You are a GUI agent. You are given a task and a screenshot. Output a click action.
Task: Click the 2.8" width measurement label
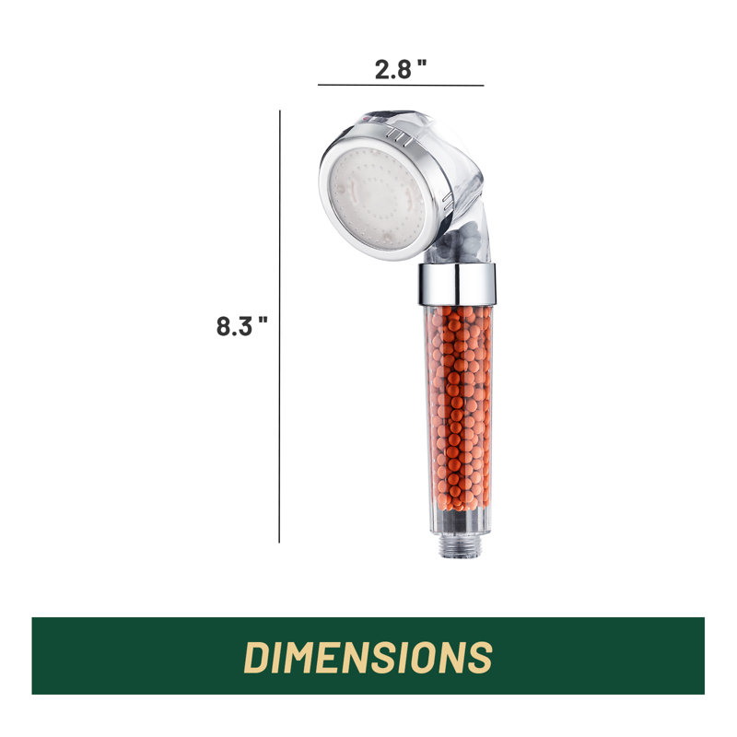pos(401,69)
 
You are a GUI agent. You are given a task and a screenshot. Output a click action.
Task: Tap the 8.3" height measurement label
pos(241,326)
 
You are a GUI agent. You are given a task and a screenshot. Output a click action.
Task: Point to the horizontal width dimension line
pos(401,85)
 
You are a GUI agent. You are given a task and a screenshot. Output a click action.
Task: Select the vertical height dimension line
pos(280,327)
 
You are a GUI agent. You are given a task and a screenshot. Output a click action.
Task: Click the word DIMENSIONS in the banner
pos(368,657)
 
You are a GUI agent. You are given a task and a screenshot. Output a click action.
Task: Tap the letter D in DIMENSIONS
pos(259,657)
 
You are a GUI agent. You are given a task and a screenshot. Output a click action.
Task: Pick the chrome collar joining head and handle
pos(457,285)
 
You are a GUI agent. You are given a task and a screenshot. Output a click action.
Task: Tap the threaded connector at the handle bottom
pos(458,547)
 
